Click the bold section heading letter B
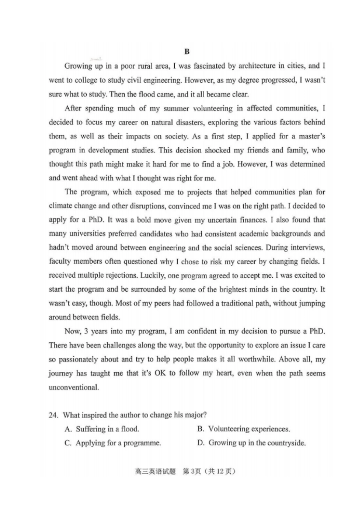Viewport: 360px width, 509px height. pyautogui.click(x=187, y=52)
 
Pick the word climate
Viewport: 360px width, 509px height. pyautogui.click(x=61, y=206)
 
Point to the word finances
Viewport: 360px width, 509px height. pyautogui.click(x=253, y=220)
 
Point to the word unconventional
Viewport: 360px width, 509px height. pyautogui.click(x=74, y=387)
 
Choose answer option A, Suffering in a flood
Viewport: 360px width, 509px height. pyautogui.click(x=102, y=429)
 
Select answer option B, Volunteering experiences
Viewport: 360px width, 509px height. pyautogui.click(x=244, y=429)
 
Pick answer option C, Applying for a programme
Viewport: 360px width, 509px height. pyautogui.click(x=113, y=443)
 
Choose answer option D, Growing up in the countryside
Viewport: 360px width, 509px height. pyautogui.click(x=252, y=443)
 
